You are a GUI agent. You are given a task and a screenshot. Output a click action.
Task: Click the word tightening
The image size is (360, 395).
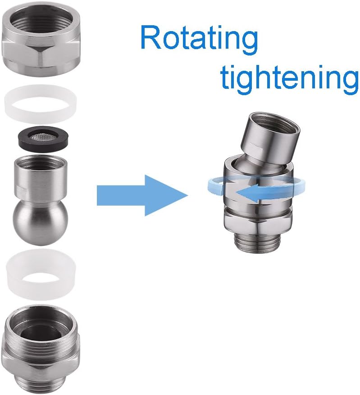point(289,77)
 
